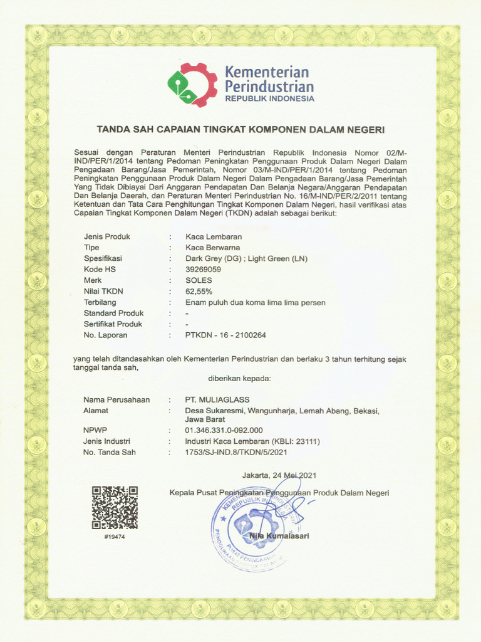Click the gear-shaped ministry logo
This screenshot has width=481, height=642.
tap(192, 85)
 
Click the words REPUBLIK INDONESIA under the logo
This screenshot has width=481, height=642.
tap(269, 99)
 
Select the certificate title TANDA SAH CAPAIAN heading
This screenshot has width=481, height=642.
tap(240, 130)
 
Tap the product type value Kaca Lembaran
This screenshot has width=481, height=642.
tap(214, 237)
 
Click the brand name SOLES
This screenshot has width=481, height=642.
tap(199, 280)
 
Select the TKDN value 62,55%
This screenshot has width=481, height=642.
tap(199, 292)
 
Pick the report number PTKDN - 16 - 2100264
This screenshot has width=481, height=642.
tap(225, 335)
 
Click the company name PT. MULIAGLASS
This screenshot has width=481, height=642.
tap(216, 399)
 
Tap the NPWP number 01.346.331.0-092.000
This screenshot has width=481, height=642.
tap(224, 431)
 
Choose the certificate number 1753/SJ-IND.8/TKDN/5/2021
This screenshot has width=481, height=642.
tap(236, 452)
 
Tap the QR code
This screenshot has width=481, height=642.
tap(115, 508)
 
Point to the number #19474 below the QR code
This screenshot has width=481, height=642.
tap(115, 538)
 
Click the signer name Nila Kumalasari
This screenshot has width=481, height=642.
tap(279, 535)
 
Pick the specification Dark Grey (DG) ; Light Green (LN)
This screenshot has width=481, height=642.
tap(247, 259)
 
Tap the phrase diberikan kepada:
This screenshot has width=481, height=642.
tap(239, 379)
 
